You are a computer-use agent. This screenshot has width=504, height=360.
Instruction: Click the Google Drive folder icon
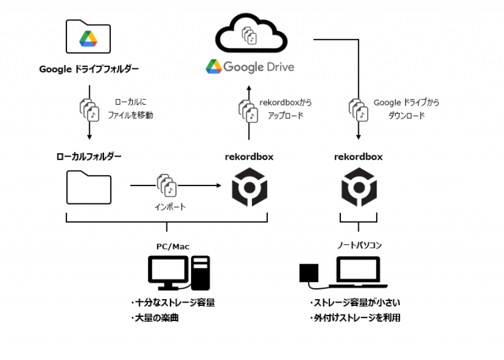pyautogui.click(x=88, y=37)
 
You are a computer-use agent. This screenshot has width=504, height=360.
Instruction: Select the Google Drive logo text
pyautogui.click(x=250, y=66)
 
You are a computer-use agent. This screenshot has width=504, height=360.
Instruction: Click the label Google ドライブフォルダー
pyautogui.click(x=89, y=69)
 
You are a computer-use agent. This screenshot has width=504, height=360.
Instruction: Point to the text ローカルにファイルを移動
pyautogui.click(x=130, y=109)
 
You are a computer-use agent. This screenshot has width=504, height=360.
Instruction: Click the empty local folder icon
pyautogui.click(x=88, y=187)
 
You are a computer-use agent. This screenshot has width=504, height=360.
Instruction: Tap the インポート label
pyautogui.click(x=166, y=205)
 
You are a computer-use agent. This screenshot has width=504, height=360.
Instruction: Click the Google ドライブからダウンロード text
pyautogui.click(x=406, y=109)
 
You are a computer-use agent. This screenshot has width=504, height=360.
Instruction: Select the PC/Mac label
pyautogui.click(x=173, y=245)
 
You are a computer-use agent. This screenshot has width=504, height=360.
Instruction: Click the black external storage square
pyautogui.click(x=310, y=274)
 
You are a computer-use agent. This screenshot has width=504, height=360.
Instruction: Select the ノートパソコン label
pyautogui.click(x=358, y=245)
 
